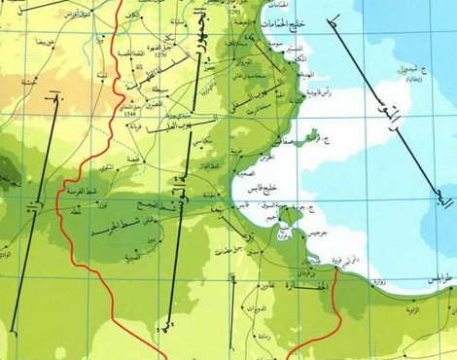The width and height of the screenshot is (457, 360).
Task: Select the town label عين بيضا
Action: click(x=45, y=44)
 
